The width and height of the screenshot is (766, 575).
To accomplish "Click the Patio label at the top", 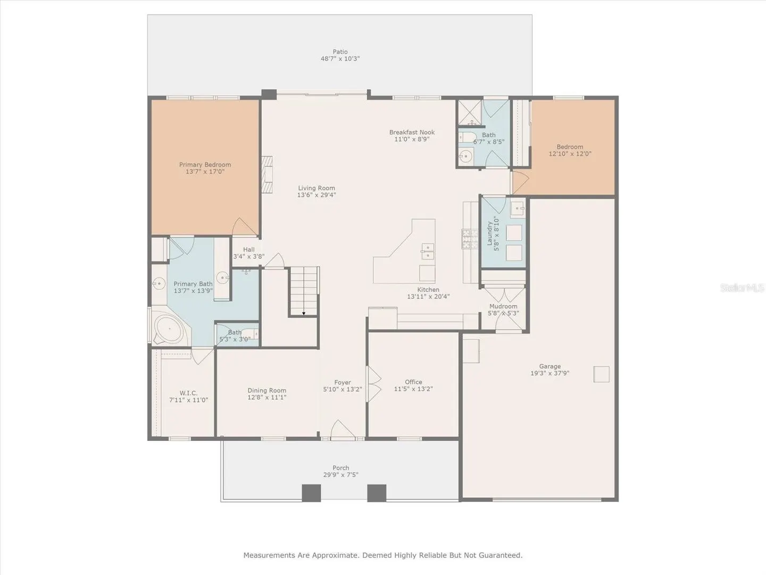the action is [340, 52].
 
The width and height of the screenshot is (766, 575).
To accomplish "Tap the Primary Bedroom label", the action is [205, 165].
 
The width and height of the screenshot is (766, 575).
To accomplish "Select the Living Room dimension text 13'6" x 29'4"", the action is [317, 195].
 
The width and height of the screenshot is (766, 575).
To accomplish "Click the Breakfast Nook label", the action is [412, 133].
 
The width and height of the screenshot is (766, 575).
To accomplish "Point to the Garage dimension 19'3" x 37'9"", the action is [549, 373].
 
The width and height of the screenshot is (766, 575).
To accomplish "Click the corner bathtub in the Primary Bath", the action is [170, 329].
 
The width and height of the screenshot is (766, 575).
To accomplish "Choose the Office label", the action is [413, 382].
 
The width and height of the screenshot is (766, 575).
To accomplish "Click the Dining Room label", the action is [267, 390].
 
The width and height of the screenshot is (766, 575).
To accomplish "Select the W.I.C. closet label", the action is [188, 393].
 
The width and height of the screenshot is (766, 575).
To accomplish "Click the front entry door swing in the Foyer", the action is [343, 429].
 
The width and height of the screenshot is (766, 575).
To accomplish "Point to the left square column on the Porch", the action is [311, 493].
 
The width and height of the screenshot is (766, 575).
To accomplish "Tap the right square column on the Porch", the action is [377, 493].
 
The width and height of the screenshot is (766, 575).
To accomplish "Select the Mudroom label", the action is [503, 306].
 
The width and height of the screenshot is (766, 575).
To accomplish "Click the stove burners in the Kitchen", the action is [470, 239].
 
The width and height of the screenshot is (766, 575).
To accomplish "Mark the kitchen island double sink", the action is [428, 251].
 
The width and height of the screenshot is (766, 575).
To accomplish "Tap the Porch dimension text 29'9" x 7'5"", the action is [340, 474].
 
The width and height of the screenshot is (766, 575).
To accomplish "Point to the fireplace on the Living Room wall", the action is [268, 174].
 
